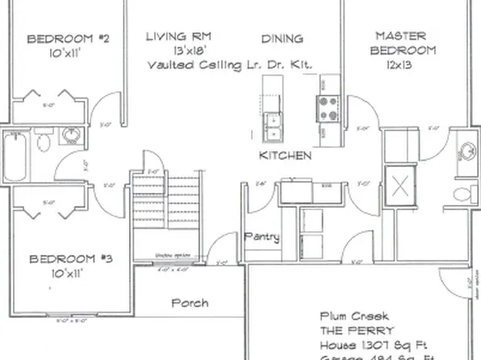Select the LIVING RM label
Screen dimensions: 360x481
coord(178,36)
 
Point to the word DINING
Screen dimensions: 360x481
coord(282,37)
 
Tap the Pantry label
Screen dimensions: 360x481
coord(261,237)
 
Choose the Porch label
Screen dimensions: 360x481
coord(190,303)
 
